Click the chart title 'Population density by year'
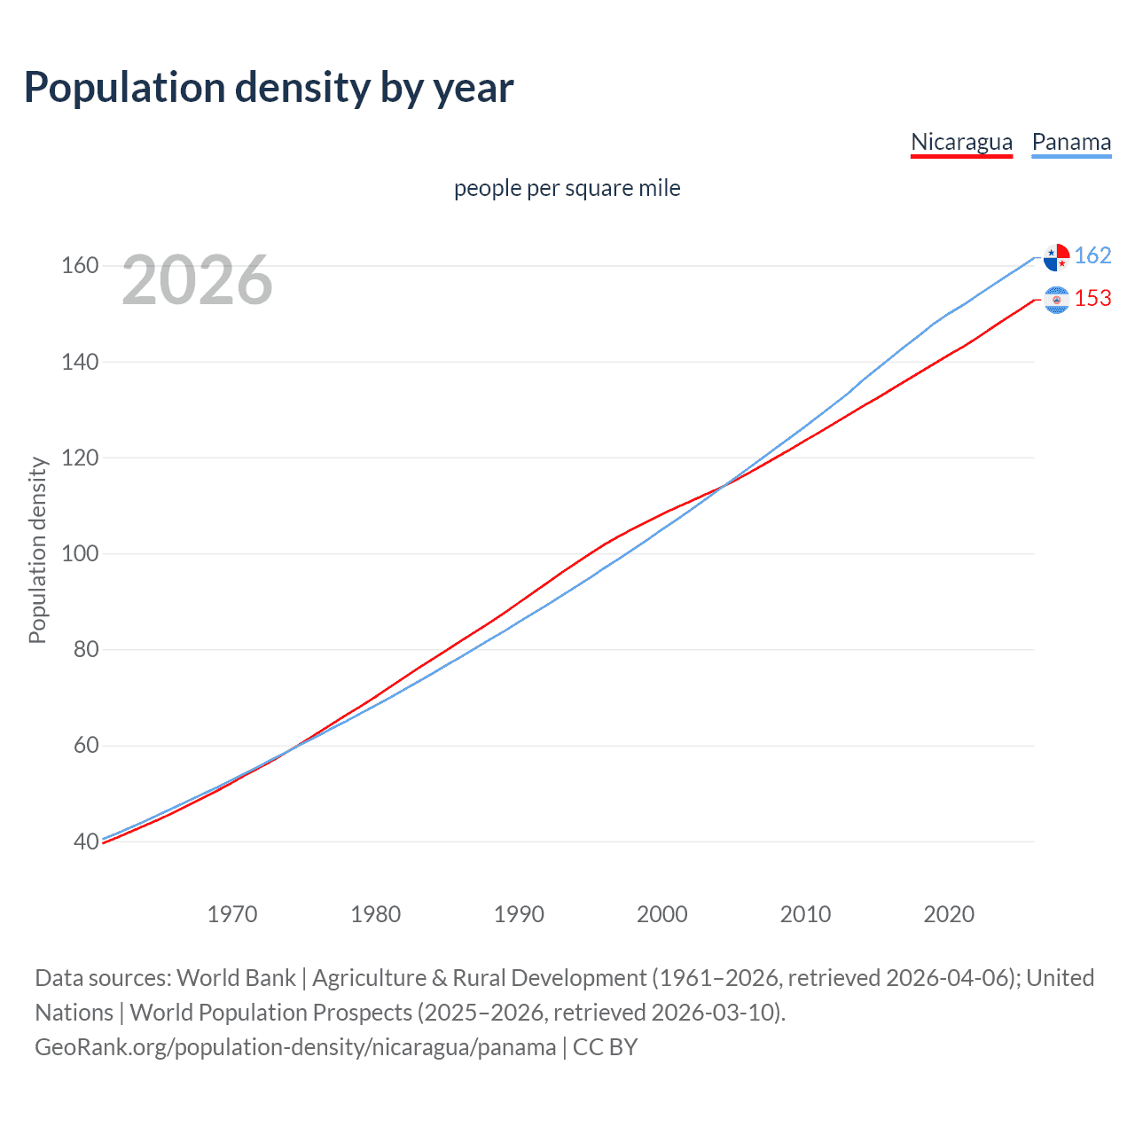[x=269, y=88]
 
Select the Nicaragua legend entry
[x=961, y=142]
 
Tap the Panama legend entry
[x=1071, y=142]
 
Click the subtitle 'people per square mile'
[x=567, y=189]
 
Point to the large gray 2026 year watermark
[x=197, y=281]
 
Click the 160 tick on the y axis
[x=80, y=266]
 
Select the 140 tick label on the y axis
[x=80, y=362]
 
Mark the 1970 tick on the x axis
[x=232, y=914]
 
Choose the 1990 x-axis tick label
[x=519, y=914]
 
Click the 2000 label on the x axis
[x=662, y=914]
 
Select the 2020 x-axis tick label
[x=949, y=914]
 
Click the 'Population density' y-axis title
[x=37, y=550]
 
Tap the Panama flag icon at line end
[x=1056, y=257]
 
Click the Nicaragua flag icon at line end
[x=1056, y=300]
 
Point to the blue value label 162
[x=1092, y=256]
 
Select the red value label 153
[x=1092, y=299]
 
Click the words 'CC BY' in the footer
[x=605, y=1047]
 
